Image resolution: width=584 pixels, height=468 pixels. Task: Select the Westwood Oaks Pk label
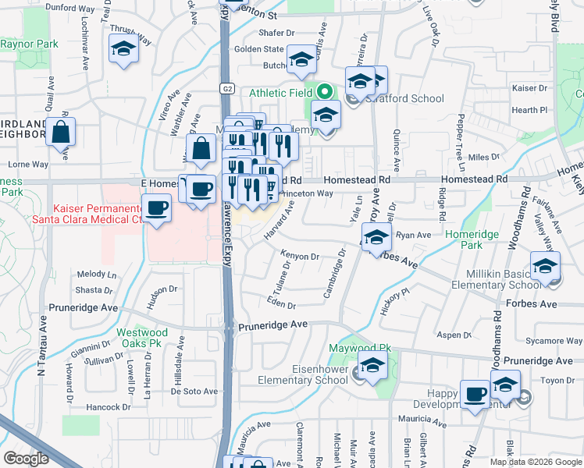pyautogui.click(x=143, y=337)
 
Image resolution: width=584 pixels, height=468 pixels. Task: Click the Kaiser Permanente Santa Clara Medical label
pyautogui.click(x=98, y=214)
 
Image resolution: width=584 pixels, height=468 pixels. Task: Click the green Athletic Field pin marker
pyautogui.click(x=324, y=93)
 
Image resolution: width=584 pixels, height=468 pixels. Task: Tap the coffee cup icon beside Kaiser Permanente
pyautogui.click(x=157, y=208)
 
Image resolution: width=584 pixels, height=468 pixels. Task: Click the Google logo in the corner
pyautogui.click(x=26, y=459)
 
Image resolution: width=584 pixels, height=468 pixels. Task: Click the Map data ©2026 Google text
pyautogui.click(x=536, y=462)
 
